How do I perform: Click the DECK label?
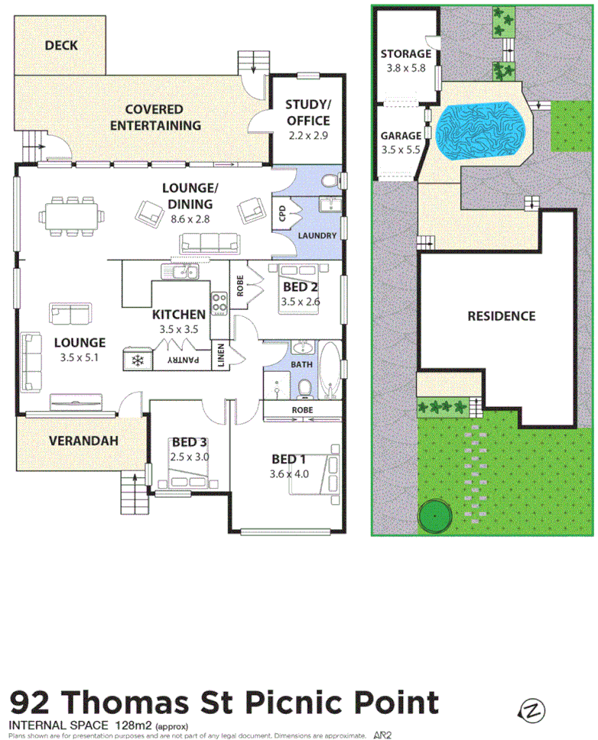click(x=61, y=46)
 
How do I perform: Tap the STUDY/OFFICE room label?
click(x=307, y=113)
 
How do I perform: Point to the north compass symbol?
click(x=532, y=710)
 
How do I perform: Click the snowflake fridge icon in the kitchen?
click(x=138, y=360)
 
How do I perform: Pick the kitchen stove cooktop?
click(x=219, y=303)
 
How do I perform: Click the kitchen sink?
click(x=182, y=272)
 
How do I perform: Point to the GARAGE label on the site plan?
click(x=401, y=137)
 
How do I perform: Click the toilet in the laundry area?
click(x=330, y=182)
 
